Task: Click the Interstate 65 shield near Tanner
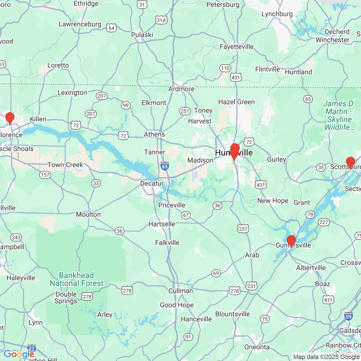[165, 166]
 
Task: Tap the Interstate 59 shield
[349, 316]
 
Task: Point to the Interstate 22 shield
[32, 349]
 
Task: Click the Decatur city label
[152, 183]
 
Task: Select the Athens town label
[154, 134]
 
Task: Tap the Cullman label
[180, 291]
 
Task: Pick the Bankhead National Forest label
[77, 279]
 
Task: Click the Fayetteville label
[237, 47]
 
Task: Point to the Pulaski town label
[142, 35]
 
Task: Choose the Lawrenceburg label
[80, 24]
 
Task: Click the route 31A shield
[161, 20]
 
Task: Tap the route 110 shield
[225, 68]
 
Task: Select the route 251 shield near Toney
[185, 111]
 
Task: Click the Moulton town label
[88, 214]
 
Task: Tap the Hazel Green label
[236, 102]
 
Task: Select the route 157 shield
[45, 175]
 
